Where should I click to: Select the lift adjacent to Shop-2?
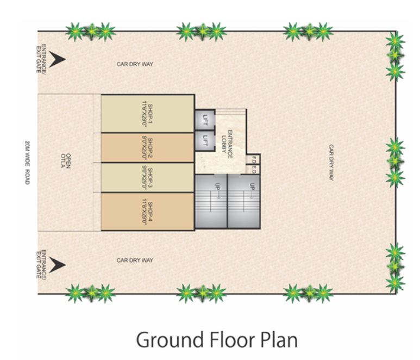point(205,140)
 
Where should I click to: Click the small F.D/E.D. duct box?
point(253,164)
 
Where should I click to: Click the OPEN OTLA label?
point(65,163)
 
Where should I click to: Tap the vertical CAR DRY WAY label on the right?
point(330,162)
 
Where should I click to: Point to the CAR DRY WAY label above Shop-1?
point(135,64)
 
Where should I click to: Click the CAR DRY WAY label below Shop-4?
point(135,260)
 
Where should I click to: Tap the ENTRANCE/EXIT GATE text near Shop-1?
point(41,59)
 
